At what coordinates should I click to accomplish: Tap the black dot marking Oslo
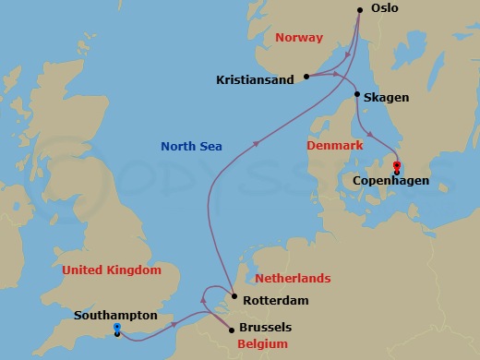[360, 10]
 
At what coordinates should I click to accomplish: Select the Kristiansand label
[256, 80]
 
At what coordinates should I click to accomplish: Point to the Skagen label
[386, 97]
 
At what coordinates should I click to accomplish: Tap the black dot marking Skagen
[357, 94]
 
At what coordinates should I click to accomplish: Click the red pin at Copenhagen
[397, 167]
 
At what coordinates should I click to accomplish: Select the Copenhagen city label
[390, 181]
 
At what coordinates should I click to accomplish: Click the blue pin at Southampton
[116, 329]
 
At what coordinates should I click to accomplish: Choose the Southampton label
[114, 316]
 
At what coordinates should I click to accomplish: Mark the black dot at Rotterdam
[235, 297]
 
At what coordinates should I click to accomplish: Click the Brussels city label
[266, 327]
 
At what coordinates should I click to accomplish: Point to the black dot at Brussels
[231, 329]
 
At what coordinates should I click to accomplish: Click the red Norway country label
[299, 38]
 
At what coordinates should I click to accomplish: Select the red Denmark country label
[336, 146]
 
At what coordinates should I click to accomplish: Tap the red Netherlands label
[293, 278]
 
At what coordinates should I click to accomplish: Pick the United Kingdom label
[112, 270]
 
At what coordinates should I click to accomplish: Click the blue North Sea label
[191, 146]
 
